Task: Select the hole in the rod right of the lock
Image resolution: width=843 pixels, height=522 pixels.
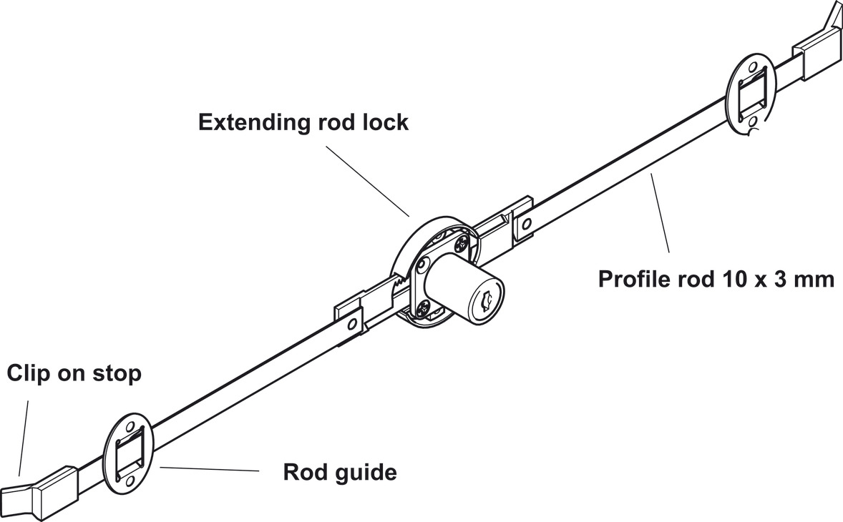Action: click(527, 225)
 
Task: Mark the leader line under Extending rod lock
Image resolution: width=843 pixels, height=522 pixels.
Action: click(366, 179)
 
